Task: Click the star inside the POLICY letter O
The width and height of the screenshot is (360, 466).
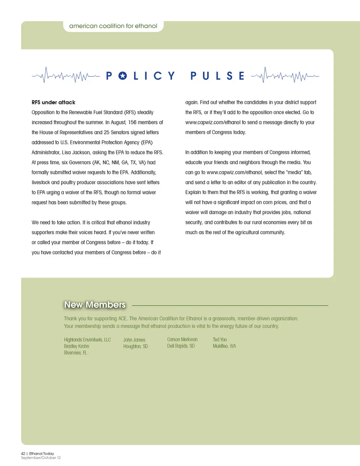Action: point(123,76)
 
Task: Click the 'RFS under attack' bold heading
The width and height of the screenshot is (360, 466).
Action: point(53,102)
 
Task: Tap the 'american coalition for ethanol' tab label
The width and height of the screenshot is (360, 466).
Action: point(113,26)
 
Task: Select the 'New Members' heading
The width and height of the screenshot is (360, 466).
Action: point(95,305)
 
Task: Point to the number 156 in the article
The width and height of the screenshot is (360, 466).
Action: point(132,122)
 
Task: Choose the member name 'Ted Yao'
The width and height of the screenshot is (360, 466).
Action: point(220,340)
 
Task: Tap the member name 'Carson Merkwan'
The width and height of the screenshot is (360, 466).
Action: point(182,340)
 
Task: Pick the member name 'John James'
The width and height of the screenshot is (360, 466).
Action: point(134,340)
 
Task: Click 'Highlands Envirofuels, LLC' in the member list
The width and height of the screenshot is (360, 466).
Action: point(87,340)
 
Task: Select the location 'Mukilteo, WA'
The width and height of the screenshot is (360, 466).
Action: point(224,346)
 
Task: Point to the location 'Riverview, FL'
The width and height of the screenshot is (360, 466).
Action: point(75,353)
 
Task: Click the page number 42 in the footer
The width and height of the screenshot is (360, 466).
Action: point(23,454)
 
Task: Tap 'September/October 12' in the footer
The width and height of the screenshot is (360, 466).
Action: point(41,458)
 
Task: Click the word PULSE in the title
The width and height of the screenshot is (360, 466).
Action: point(217,76)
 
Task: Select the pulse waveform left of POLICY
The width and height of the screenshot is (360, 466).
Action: point(66,75)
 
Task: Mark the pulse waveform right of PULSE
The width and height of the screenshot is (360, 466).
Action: point(285,75)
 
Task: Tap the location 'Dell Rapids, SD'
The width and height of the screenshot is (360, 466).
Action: point(181,346)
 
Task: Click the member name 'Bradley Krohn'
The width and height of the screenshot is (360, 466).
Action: point(76,346)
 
